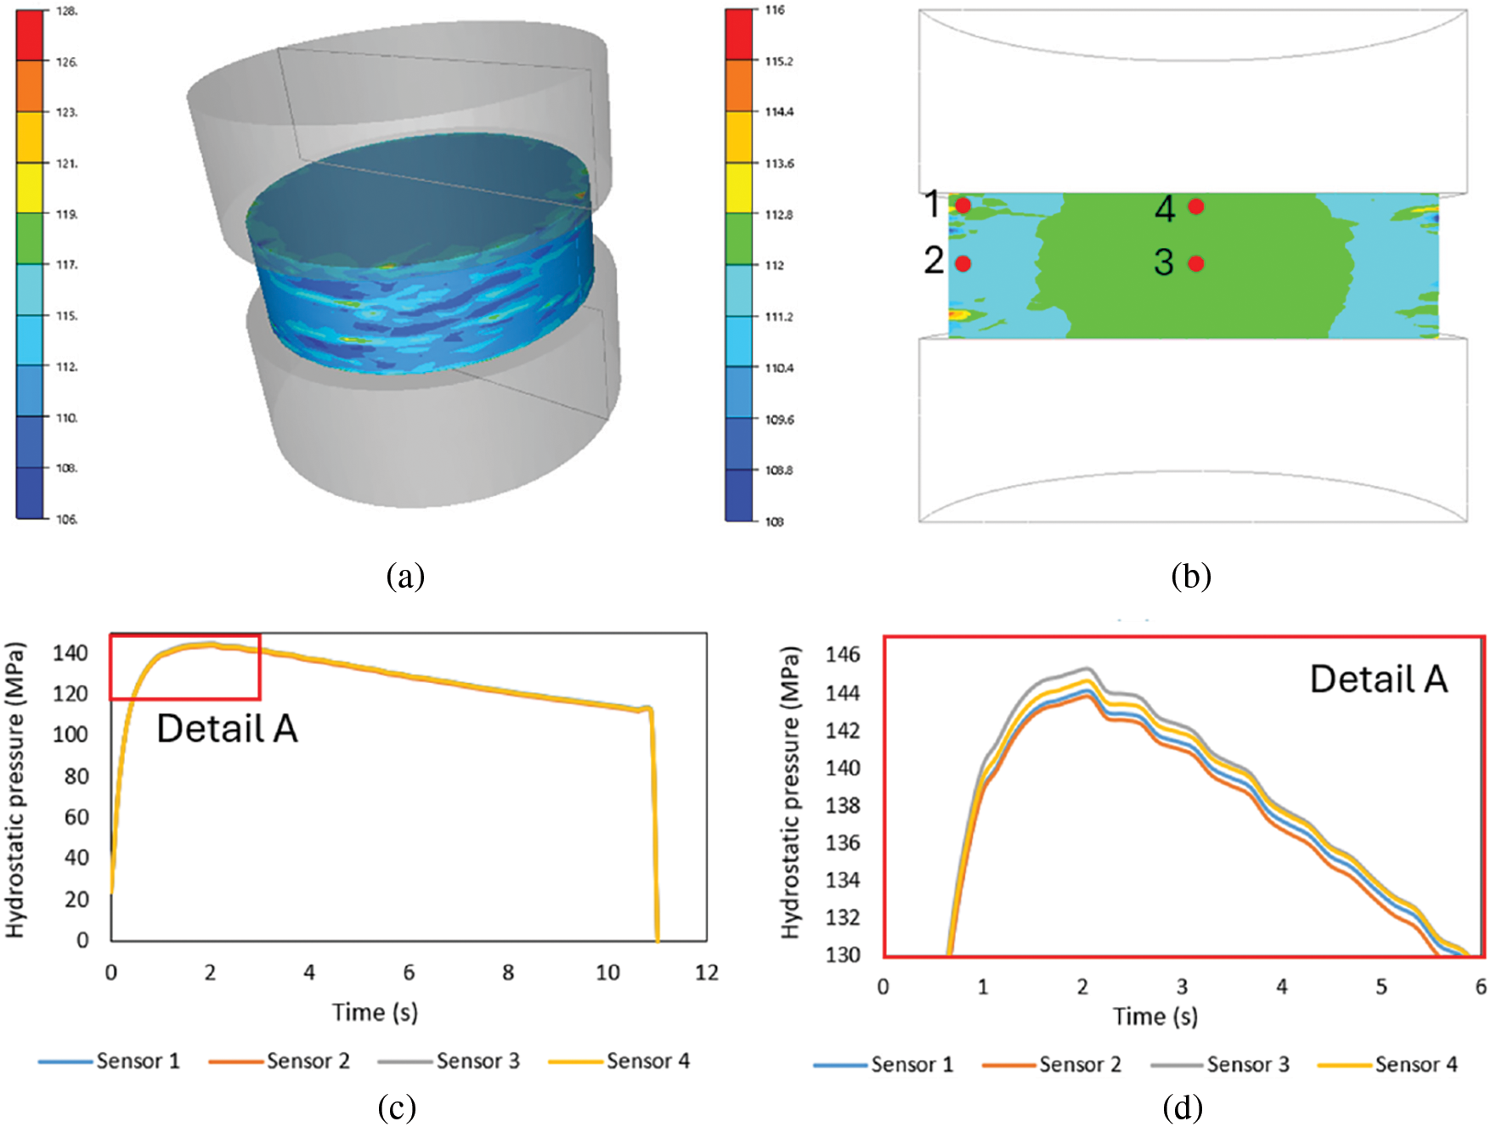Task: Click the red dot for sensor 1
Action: pyautogui.click(x=963, y=206)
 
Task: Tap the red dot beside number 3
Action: pyautogui.click(x=1196, y=263)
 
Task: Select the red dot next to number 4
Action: pyautogui.click(x=1196, y=206)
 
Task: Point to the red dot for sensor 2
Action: pyautogui.click(x=963, y=263)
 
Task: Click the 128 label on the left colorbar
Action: pyautogui.click(x=67, y=12)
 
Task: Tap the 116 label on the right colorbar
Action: pyautogui.click(x=775, y=10)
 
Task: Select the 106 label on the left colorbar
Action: pyautogui.click(x=67, y=519)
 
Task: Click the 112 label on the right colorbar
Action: pyautogui.click(x=774, y=266)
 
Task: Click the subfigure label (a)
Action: pyautogui.click(x=405, y=577)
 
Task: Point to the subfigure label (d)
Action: pyautogui.click(x=1183, y=1107)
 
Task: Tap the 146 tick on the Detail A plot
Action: pyautogui.click(x=842, y=655)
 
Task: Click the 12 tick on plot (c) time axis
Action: pyautogui.click(x=706, y=973)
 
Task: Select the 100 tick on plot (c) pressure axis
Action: pyautogui.click(x=71, y=735)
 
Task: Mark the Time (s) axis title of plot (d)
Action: pyautogui.click(x=1155, y=1017)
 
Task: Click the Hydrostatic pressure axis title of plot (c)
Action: pyautogui.click(x=15, y=790)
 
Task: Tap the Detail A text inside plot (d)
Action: pyautogui.click(x=1378, y=679)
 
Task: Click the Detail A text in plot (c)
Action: pyautogui.click(x=227, y=729)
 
